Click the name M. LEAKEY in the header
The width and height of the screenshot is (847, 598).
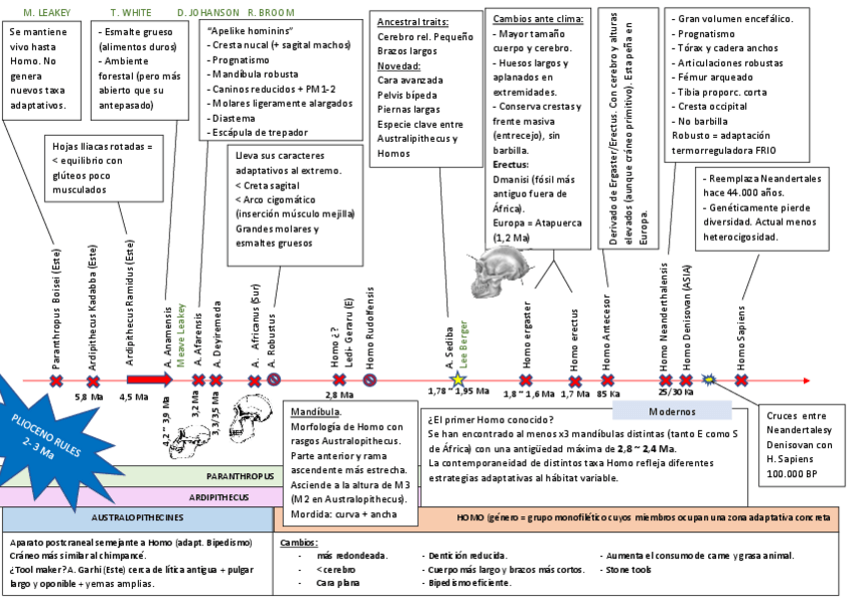(x=43, y=12)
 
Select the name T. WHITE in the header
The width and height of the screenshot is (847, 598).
(x=130, y=12)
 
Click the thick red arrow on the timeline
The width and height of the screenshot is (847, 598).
(x=149, y=380)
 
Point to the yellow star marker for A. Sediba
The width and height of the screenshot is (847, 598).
(x=458, y=380)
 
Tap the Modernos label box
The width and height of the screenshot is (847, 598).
(x=678, y=410)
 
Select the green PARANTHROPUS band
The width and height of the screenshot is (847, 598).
(x=239, y=476)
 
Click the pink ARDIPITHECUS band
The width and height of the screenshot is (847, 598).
(x=239, y=494)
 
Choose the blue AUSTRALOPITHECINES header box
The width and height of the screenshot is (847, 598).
(x=137, y=518)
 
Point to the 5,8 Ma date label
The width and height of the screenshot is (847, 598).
(x=90, y=397)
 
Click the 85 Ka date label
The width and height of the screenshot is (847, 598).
(x=609, y=395)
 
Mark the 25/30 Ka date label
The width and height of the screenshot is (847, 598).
(x=676, y=395)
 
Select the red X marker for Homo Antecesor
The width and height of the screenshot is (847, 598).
(x=607, y=380)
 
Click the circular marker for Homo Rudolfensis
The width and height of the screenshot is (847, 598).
(x=370, y=380)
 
